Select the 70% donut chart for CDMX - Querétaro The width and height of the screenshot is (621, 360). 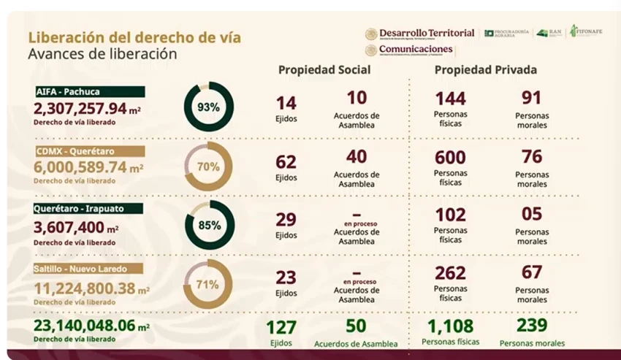(208, 166)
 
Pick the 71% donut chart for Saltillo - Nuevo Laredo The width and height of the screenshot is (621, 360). (208, 285)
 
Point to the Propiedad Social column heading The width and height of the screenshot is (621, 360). (324, 70)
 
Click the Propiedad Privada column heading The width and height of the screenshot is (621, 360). (486, 70)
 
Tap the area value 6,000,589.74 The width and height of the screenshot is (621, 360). (80, 166)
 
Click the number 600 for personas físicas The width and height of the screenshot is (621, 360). (450, 157)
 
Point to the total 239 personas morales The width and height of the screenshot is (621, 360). (532, 326)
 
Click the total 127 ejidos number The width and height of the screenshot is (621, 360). (281, 327)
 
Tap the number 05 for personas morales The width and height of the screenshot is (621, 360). (532, 215)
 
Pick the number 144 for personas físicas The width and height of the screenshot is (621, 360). (450, 99)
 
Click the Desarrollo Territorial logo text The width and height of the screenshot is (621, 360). (427, 34)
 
